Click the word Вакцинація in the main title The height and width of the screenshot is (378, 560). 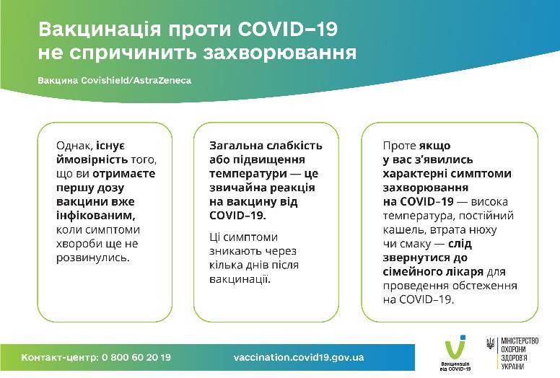coord(100,30)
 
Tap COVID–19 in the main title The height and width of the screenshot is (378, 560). coord(287,29)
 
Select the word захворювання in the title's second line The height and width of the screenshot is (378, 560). coord(280,53)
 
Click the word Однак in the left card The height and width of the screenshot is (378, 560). coord(74,146)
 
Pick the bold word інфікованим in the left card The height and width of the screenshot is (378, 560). coord(96,216)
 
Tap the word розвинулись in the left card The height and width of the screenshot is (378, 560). coord(93,258)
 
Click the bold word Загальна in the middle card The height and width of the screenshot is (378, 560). coord(236,146)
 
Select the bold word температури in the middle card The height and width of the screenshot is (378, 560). coord(248,174)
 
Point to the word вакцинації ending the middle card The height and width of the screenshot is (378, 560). coord(240,279)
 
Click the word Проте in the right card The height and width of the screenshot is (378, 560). coord(399,146)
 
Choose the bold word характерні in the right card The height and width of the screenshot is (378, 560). coord(414,174)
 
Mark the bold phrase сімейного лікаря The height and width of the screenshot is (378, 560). coord(433,272)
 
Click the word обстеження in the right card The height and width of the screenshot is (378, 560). coord(484,286)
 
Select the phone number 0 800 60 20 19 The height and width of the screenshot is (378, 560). coord(136,357)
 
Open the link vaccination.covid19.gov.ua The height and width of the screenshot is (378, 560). coord(299,357)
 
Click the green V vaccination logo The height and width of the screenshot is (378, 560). coord(455,347)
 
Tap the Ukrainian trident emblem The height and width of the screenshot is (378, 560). coord(490,343)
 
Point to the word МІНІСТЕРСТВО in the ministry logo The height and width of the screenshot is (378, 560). coord(520,341)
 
